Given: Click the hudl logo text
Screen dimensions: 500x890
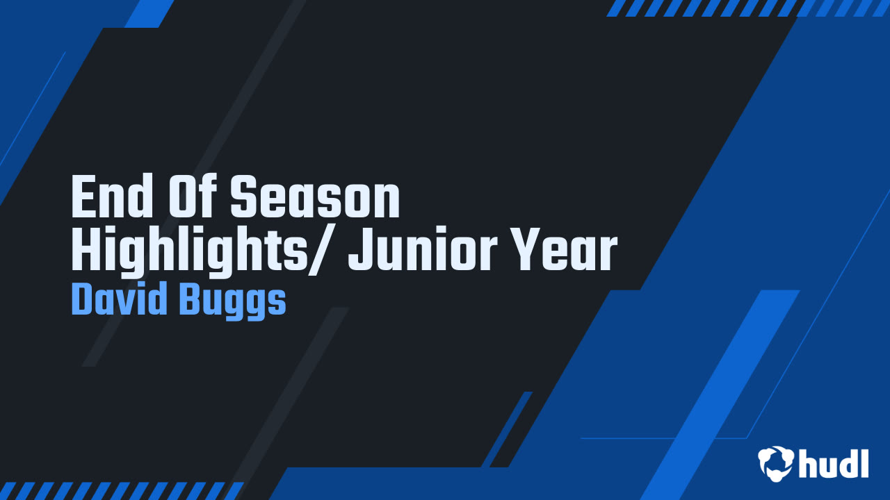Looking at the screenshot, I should [x=834, y=464].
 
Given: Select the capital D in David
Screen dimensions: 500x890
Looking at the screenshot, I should [x=81, y=300].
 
